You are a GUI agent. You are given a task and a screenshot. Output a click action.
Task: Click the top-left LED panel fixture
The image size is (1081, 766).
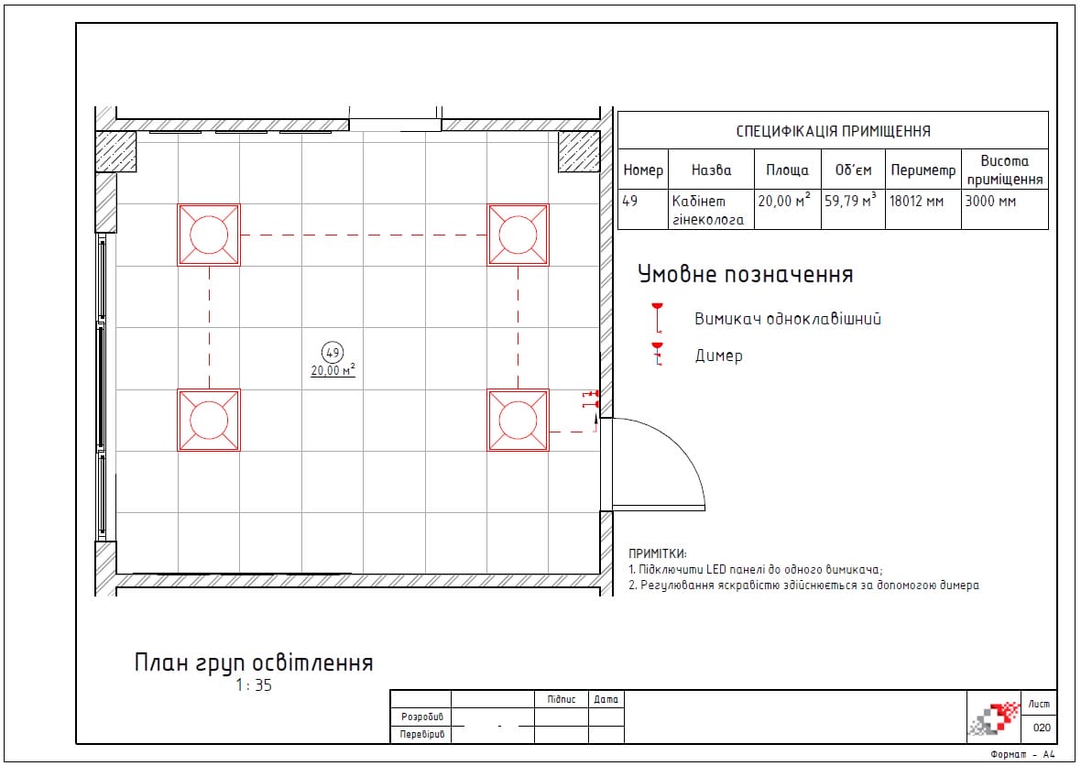click(209, 235)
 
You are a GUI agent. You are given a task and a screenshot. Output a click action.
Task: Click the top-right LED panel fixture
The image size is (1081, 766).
click(518, 235)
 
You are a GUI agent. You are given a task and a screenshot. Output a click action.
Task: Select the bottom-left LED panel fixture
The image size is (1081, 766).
click(209, 420)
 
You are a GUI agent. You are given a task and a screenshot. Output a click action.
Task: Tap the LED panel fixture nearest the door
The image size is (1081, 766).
click(518, 420)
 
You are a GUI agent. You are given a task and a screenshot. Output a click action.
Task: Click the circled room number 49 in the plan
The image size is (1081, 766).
click(333, 353)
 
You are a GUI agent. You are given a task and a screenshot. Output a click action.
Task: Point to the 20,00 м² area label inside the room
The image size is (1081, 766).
click(333, 370)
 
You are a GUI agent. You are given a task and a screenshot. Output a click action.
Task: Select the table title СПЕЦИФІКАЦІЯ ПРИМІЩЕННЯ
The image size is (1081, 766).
click(833, 131)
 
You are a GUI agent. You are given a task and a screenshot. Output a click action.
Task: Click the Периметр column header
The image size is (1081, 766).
click(923, 170)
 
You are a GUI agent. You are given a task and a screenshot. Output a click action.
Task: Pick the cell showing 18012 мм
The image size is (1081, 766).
click(916, 202)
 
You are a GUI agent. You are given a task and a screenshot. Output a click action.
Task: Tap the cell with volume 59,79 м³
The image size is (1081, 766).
click(851, 201)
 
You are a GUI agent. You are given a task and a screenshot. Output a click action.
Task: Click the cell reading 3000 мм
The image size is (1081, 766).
click(990, 202)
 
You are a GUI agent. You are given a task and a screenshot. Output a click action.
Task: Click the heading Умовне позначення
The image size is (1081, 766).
click(746, 274)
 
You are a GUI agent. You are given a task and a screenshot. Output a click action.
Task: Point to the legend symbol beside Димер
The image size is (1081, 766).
click(658, 354)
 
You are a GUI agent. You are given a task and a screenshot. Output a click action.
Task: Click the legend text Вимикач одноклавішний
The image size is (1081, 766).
click(787, 319)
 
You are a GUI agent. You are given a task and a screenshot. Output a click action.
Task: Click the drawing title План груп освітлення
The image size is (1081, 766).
click(254, 662)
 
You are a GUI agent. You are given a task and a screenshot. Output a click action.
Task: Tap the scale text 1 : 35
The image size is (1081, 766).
click(254, 685)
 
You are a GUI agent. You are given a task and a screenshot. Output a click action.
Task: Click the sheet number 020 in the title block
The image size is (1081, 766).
click(1042, 728)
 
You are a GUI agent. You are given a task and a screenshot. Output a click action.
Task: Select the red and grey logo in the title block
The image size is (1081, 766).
click(995, 718)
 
